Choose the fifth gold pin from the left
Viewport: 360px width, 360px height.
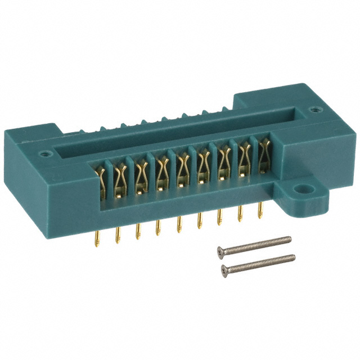point(179,222)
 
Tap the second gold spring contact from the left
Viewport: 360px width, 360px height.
point(121,177)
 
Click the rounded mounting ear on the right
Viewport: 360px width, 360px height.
point(307,194)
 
